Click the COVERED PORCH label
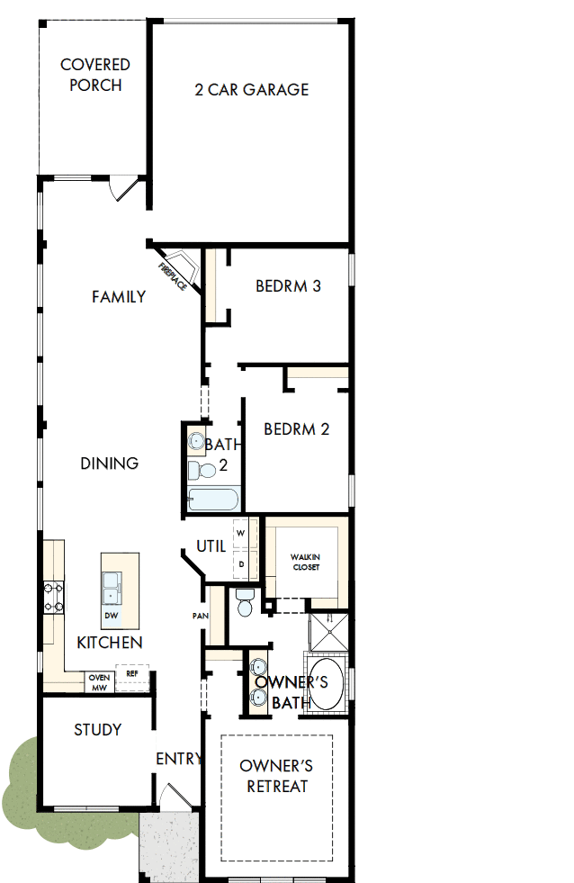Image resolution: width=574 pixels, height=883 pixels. click(x=94, y=75)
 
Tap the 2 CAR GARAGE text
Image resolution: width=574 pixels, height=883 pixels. click(x=252, y=89)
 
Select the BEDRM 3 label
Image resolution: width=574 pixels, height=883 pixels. click(x=288, y=286)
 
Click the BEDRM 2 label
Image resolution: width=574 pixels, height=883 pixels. click(x=296, y=428)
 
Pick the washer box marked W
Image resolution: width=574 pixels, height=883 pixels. click(x=240, y=532)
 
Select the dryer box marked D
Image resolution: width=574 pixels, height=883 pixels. click(x=240, y=564)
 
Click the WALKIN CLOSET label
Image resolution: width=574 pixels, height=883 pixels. click(x=305, y=563)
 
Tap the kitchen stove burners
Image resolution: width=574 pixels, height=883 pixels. click(x=53, y=597)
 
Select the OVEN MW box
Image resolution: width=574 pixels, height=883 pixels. click(x=99, y=682)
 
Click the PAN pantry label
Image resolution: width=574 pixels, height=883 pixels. click(x=200, y=616)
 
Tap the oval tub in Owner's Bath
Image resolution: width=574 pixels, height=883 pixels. click(x=325, y=686)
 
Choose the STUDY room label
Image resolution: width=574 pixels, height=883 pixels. click(x=97, y=729)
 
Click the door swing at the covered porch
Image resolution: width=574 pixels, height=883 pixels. click(x=123, y=187)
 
